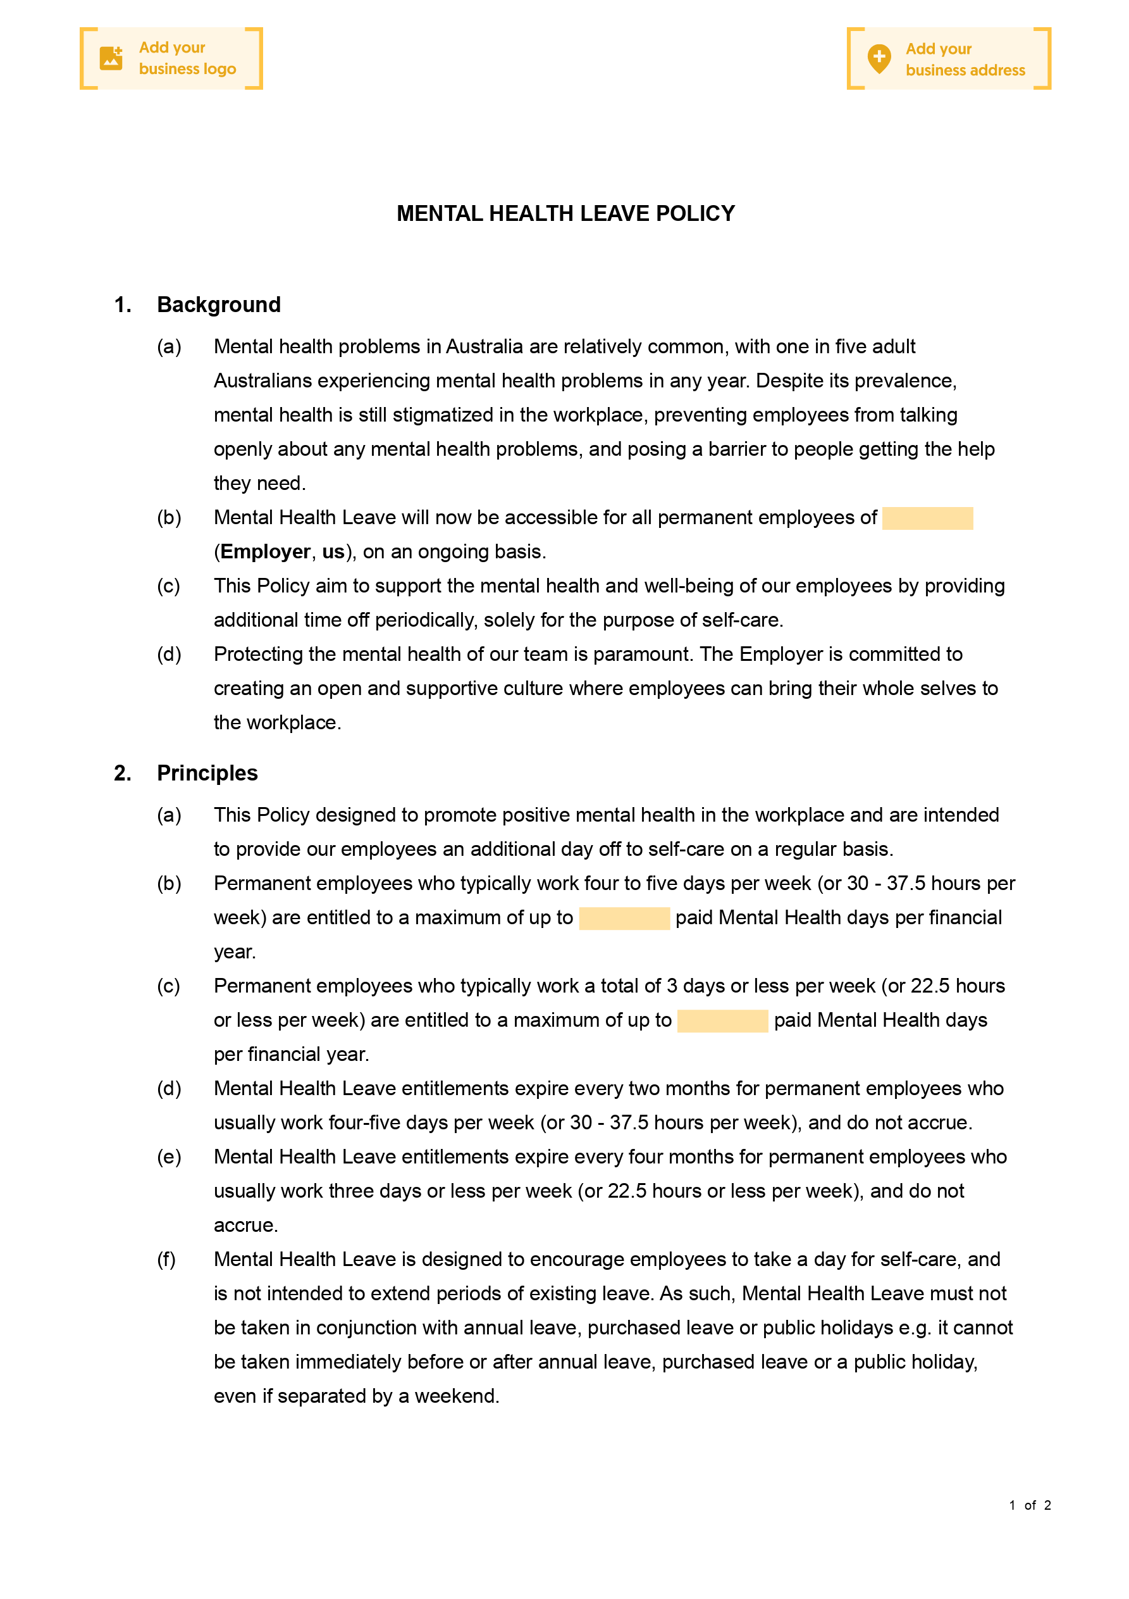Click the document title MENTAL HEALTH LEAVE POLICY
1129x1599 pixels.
point(565,214)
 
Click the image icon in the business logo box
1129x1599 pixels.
point(111,58)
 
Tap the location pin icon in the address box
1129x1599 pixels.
point(879,58)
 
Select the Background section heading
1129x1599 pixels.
point(219,305)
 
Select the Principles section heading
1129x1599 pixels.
point(207,773)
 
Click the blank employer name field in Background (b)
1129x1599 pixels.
point(927,518)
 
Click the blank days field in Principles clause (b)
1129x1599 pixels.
point(624,918)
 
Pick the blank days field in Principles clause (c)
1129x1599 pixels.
point(722,1021)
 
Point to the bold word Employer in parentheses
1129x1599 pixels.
point(265,551)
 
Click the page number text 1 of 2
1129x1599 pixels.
point(1030,1505)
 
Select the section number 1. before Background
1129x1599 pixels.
point(123,305)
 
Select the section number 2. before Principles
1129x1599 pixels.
point(123,773)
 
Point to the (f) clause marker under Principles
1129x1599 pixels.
point(166,1259)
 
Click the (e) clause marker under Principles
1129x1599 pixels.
point(168,1157)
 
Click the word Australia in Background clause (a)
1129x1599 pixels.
point(484,347)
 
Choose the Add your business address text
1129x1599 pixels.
point(965,60)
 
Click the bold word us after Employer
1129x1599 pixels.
point(333,551)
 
